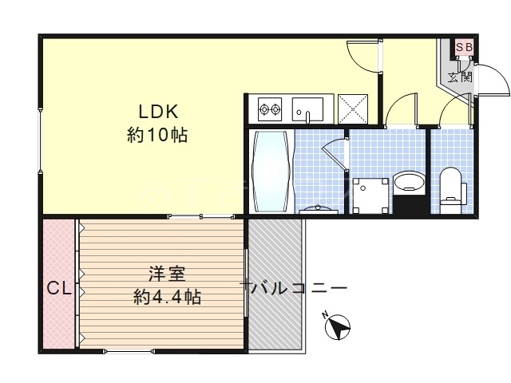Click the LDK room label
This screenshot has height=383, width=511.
(x=157, y=110)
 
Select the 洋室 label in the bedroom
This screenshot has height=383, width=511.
(x=166, y=274)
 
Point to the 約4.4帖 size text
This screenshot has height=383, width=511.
(x=167, y=298)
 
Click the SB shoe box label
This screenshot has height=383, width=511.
(x=465, y=48)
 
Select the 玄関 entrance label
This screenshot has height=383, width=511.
(x=458, y=77)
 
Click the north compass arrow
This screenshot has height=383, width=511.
(x=339, y=327)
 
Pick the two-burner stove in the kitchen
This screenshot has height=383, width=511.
(x=269, y=107)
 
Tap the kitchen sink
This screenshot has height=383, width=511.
(x=307, y=108)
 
